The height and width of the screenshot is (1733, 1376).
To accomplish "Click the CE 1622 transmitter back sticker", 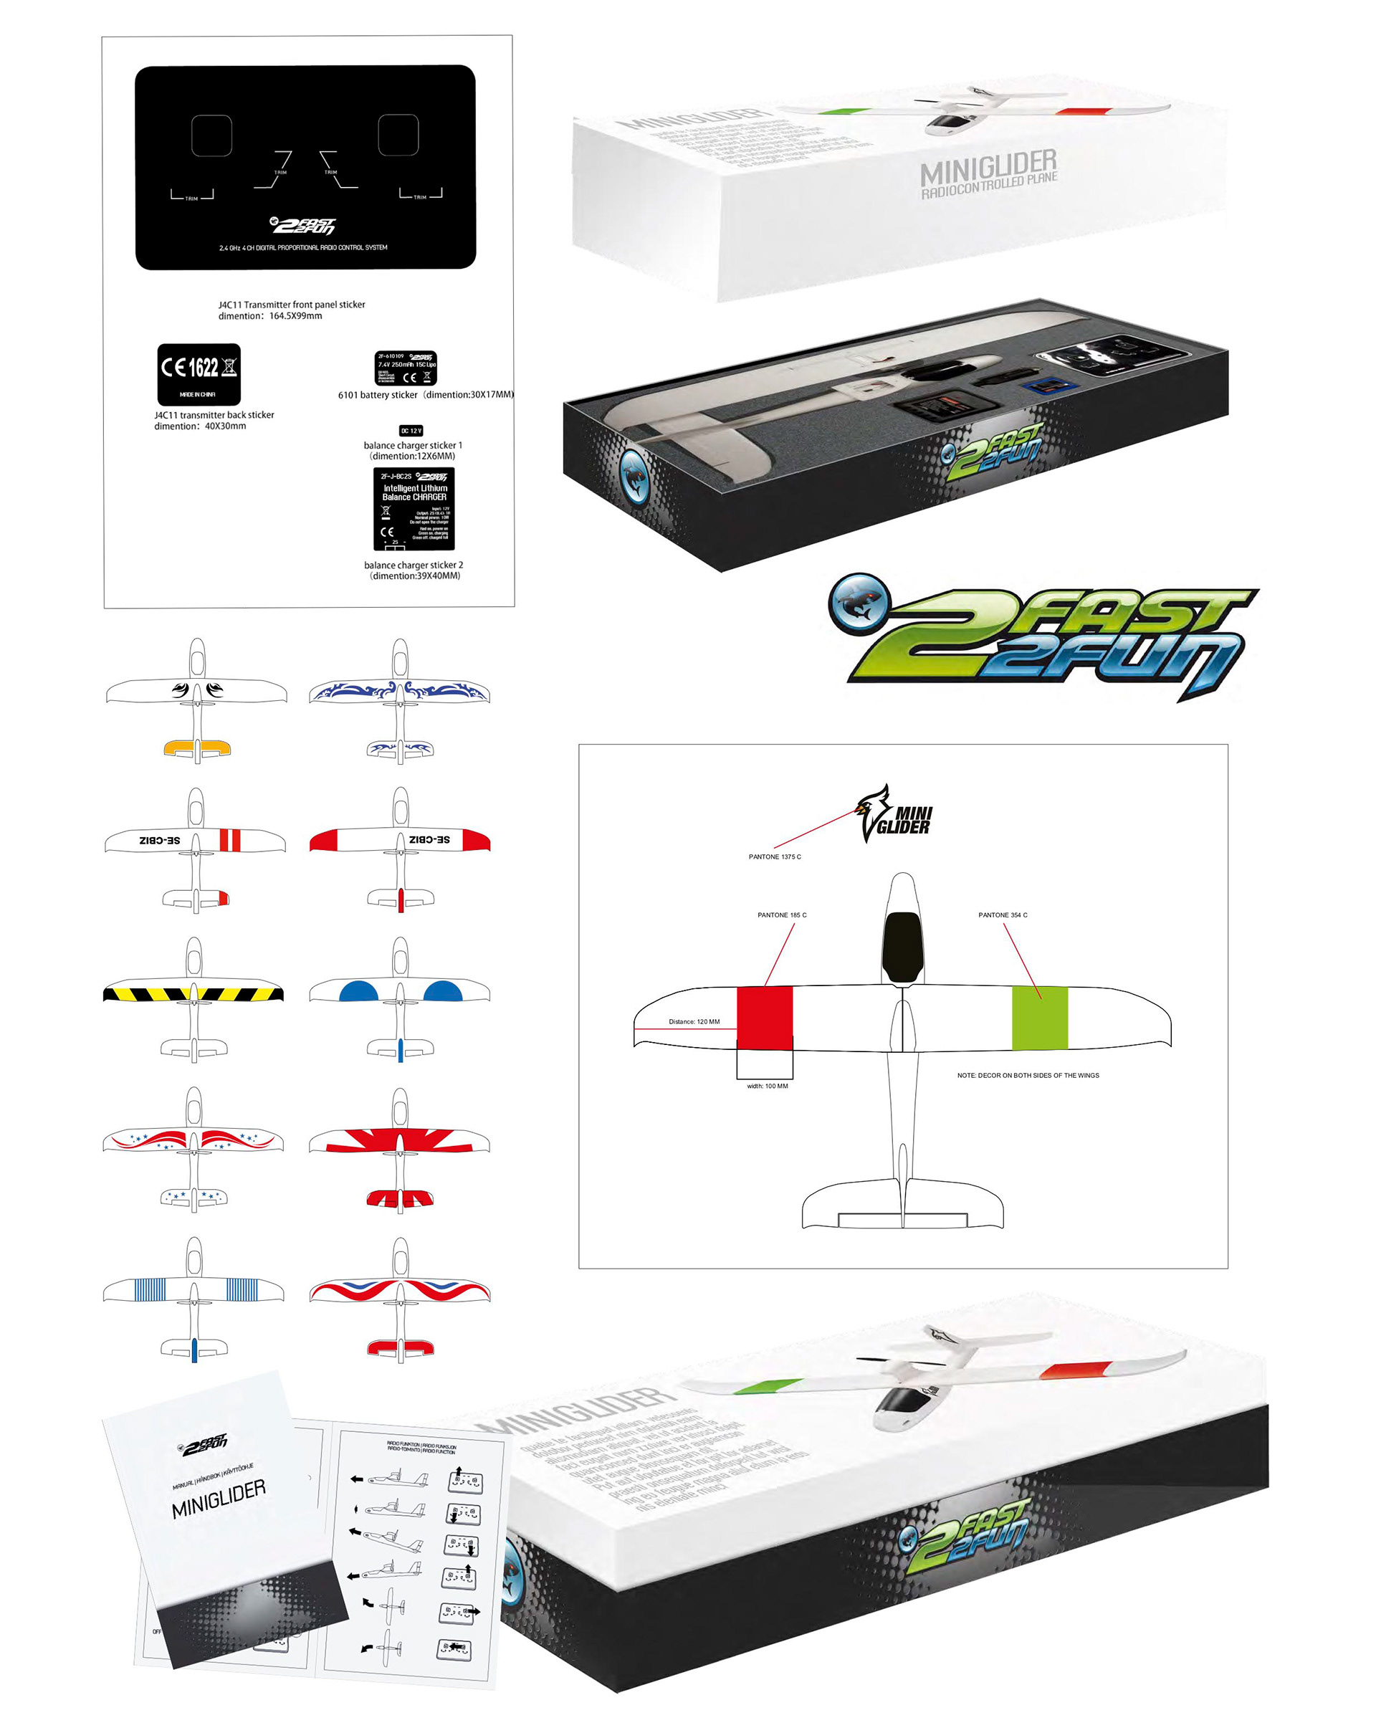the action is (x=199, y=374).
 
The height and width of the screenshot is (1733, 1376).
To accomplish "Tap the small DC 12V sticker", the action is (x=411, y=431).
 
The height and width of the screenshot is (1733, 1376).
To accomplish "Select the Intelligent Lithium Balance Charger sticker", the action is (x=414, y=508).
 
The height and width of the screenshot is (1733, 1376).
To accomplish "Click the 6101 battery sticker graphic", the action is (x=406, y=368).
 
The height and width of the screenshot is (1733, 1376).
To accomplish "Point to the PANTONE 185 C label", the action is (x=781, y=915).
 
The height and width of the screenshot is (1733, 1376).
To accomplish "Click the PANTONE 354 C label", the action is (x=1003, y=915).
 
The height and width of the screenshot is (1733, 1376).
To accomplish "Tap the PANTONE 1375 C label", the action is (x=775, y=857).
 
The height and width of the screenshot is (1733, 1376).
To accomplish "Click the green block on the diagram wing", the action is (x=1039, y=1017).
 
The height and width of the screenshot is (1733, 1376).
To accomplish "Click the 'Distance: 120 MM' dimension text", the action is (x=694, y=1021).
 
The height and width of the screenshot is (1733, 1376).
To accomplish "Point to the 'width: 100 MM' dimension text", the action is (x=768, y=1086).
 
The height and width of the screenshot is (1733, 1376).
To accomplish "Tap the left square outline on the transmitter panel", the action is (x=211, y=135).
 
